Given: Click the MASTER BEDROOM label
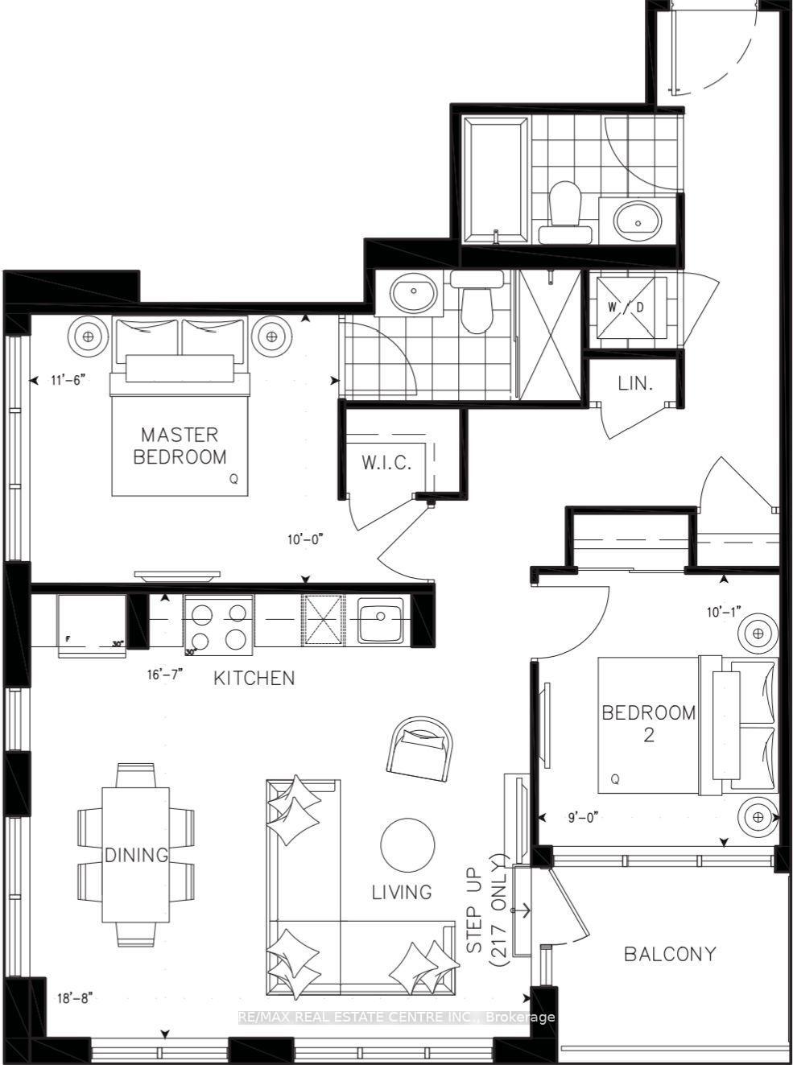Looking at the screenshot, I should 180,446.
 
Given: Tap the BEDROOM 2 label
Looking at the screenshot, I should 649,723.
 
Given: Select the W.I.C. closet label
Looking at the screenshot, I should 386,463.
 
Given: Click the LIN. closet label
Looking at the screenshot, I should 635,384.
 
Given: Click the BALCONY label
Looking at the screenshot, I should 670,954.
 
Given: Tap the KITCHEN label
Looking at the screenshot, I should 254,678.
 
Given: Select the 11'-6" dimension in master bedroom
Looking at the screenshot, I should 68,379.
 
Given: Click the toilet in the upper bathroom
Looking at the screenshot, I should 564,211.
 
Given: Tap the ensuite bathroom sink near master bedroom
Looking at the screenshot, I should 415,293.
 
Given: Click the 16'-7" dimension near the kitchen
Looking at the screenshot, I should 166,675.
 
